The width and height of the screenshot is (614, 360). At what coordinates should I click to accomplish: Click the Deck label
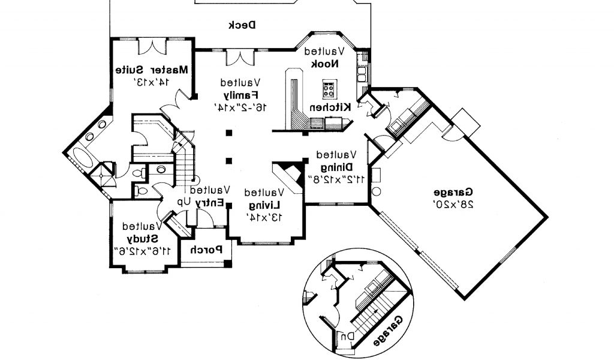coord(242,25)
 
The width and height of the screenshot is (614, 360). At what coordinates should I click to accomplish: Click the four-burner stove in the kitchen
coord(329,89)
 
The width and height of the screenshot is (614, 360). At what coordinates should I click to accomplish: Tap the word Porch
coord(206,249)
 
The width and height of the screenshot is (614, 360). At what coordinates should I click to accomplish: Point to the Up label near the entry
coord(183,202)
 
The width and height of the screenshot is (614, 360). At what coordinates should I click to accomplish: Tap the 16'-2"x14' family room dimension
coord(239,106)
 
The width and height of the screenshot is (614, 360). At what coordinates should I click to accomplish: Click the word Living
coord(264,205)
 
